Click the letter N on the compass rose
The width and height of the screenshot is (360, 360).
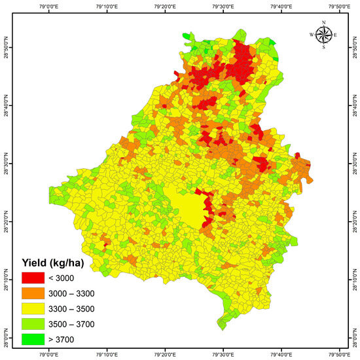tap(323, 24)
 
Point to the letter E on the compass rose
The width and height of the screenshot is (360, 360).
tap(336, 35)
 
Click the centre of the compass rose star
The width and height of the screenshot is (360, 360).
tap(323, 35)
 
